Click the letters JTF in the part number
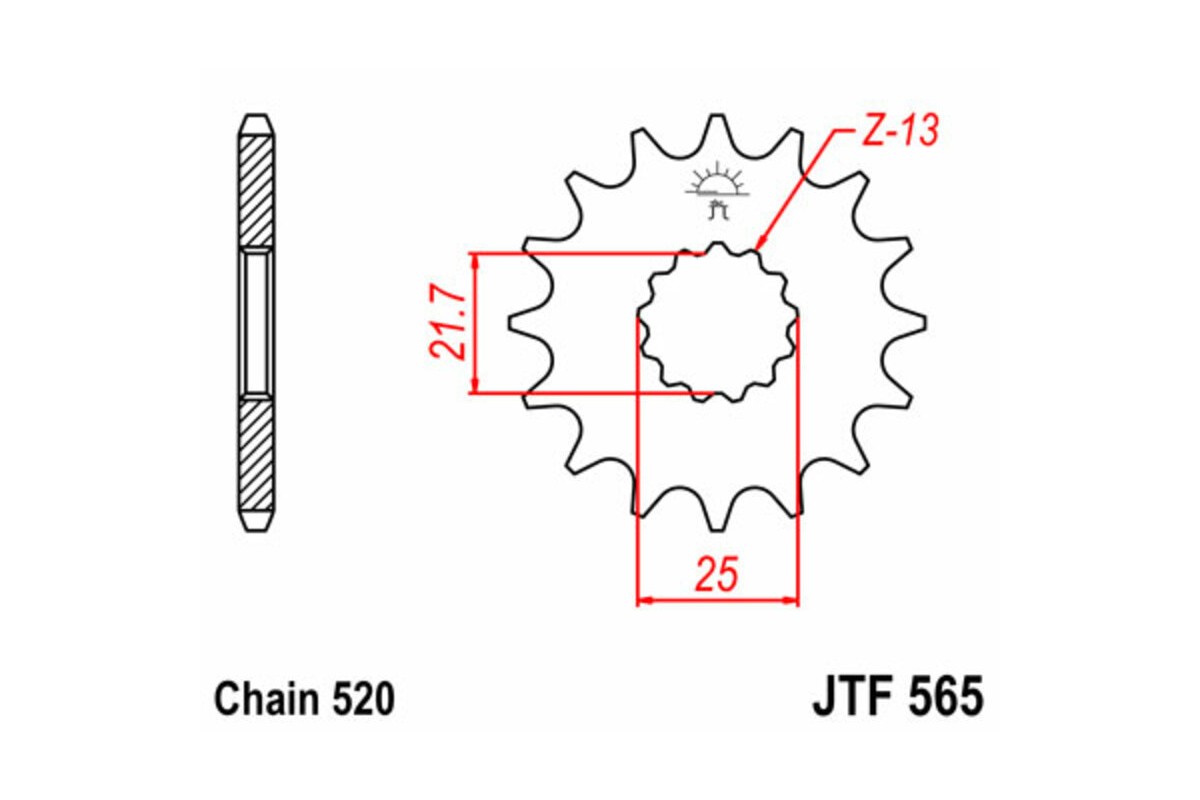tap(850, 697)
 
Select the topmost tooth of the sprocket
tap(717, 125)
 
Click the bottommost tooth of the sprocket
tap(717, 520)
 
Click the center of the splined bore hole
tap(718, 322)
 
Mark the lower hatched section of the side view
tap(256, 455)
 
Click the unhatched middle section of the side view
tap(256, 322)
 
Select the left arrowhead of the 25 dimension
tap(644, 601)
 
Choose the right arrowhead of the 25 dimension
tap(793, 601)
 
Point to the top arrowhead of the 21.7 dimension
tap(477, 259)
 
